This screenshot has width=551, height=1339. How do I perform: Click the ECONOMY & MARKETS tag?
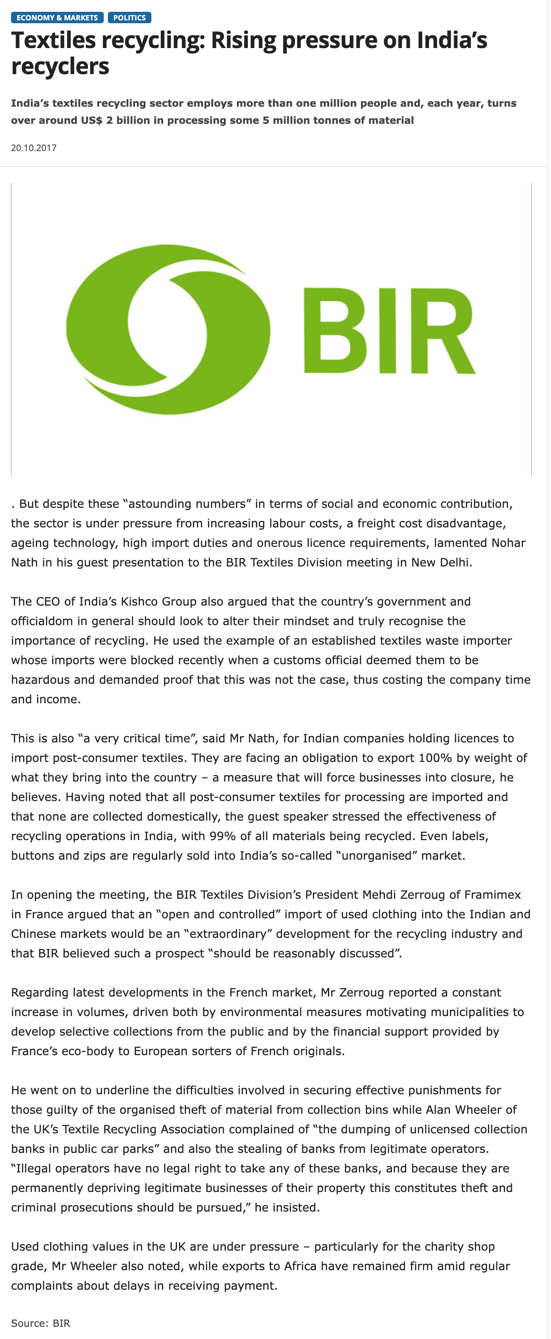tap(57, 18)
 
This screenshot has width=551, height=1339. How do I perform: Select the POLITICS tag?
tap(129, 18)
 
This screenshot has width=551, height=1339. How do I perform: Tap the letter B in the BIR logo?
tap(335, 331)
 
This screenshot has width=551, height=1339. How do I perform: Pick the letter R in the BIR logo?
tap(442, 331)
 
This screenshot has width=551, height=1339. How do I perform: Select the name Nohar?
tap(508, 543)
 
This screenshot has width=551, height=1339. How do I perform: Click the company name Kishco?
tap(139, 601)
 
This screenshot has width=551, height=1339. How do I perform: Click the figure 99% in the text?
tap(222, 836)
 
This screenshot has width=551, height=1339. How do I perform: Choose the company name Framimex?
tap(492, 895)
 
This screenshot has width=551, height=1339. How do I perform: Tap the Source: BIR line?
tap(41, 1323)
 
